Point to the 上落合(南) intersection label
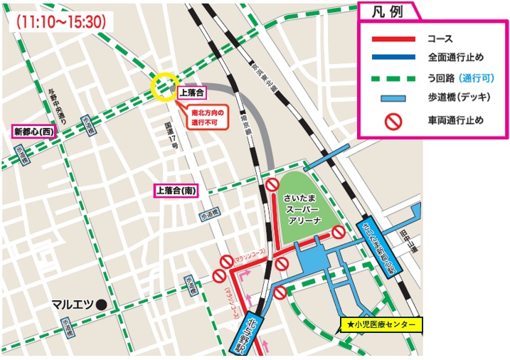click(177, 190)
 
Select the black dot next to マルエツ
click(102, 305)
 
